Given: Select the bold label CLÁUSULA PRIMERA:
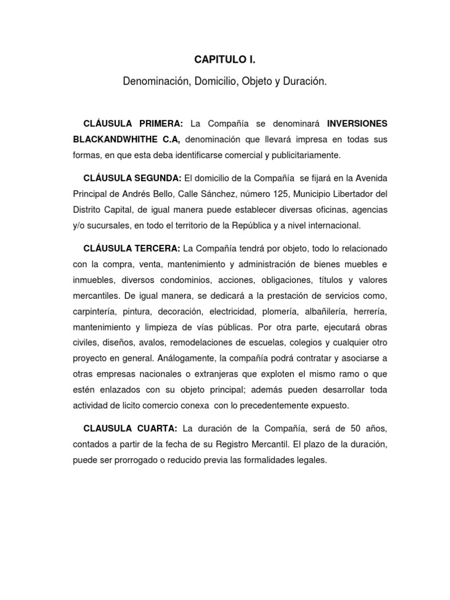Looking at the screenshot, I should [x=134, y=124].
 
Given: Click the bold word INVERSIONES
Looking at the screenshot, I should [x=357, y=124].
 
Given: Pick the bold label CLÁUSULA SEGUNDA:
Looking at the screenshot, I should [x=132, y=178].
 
